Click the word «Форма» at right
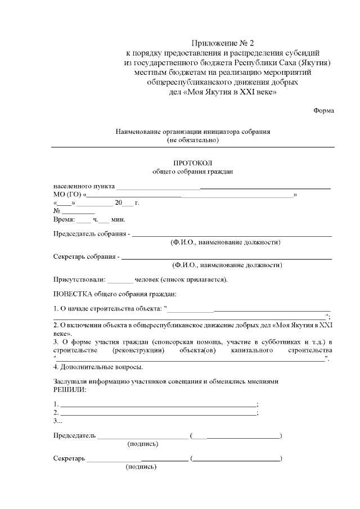[x=323, y=110]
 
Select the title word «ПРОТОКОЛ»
[x=193, y=162]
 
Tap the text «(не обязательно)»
[x=193, y=139]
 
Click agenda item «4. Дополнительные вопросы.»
[x=98, y=367]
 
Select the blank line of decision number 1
[x=158, y=405]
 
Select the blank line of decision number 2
[x=158, y=413]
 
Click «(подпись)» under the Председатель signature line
[x=143, y=444]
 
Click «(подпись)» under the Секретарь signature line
[x=141, y=467]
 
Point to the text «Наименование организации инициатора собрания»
[x=193, y=132]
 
